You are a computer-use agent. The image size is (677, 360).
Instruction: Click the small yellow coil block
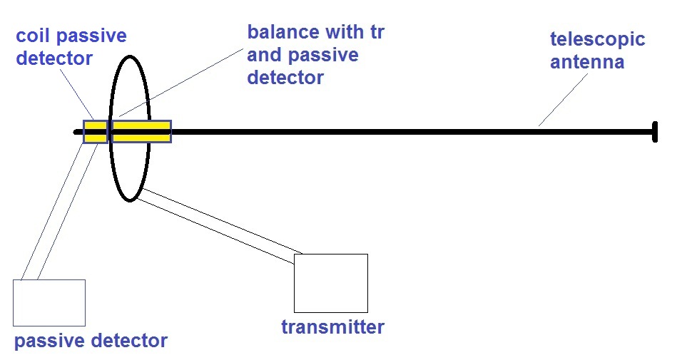[95, 132]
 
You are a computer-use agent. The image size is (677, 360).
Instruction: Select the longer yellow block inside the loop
[142, 132]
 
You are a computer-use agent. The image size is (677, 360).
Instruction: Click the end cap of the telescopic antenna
[655, 132]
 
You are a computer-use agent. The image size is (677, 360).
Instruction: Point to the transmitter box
[331, 283]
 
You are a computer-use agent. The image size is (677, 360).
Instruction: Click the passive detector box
[49, 302]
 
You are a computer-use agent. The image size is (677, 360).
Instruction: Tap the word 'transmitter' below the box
[332, 326]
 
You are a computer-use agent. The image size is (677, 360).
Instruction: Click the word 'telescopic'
[598, 40]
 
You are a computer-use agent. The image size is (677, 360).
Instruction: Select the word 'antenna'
[587, 62]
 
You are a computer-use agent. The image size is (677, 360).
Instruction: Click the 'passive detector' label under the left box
[91, 341]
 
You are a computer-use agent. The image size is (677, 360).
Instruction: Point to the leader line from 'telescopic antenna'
[563, 100]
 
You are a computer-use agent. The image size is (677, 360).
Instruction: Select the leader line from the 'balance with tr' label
[181, 83]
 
